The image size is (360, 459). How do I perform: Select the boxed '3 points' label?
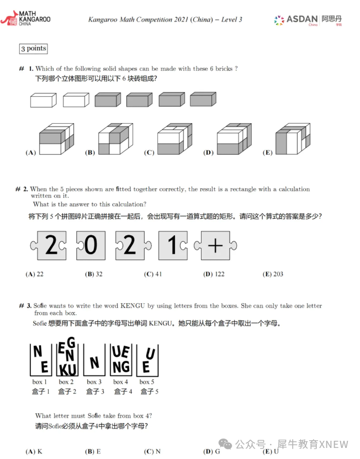(33, 49)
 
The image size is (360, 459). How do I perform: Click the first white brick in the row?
(43, 100)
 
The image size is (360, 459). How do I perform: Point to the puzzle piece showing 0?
(90, 245)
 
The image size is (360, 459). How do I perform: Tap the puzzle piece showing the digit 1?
(173, 245)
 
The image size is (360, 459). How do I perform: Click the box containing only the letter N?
(94, 362)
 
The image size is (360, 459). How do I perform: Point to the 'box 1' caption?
(40, 382)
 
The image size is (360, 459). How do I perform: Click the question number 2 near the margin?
(25, 189)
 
